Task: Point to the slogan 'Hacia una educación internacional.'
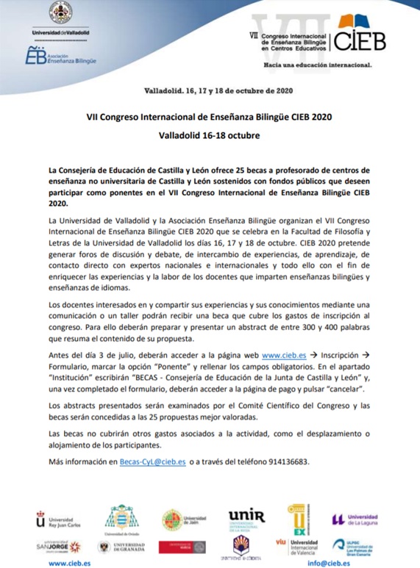pyautogui.click(x=317, y=64)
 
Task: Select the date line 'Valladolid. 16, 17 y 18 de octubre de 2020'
pyautogui.click(x=210, y=92)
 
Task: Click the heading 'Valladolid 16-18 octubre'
pyautogui.click(x=210, y=136)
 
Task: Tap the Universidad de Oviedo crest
pyautogui.click(x=123, y=517)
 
